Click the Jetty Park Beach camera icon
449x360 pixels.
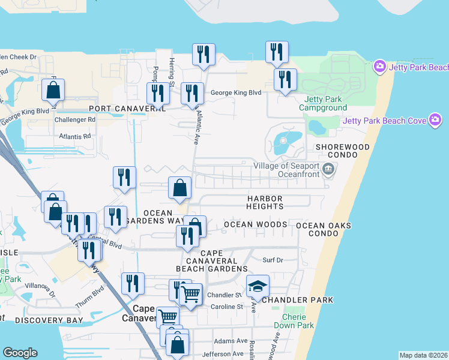pyautogui.click(x=379, y=66)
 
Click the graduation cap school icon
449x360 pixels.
pyautogui.click(x=258, y=287)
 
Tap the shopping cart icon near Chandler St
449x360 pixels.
pyautogui.click(x=190, y=295)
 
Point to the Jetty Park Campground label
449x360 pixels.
pyautogui.click(x=325, y=103)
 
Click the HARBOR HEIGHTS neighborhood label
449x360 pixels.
pyautogui.click(x=265, y=202)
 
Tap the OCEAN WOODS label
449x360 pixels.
pyautogui.click(x=255, y=224)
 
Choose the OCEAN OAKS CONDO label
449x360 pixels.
pyautogui.click(x=323, y=230)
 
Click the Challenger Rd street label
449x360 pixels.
pyautogui.click(x=75, y=119)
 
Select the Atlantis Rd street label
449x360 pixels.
pyautogui.click(x=74, y=136)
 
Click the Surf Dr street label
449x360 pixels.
pyautogui.click(x=273, y=260)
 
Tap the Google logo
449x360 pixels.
pyautogui.click(x=20, y=353)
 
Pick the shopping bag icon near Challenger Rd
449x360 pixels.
pyautogui.click(x=53, y=91)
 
